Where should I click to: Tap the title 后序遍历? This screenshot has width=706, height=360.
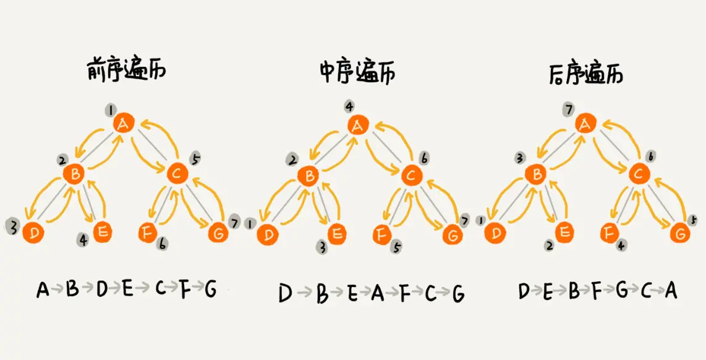point(585,74)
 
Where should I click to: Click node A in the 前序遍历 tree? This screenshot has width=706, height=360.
point(124,124)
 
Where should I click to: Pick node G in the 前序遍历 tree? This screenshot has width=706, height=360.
point(218,234)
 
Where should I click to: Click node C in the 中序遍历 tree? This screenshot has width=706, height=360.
point(410,176)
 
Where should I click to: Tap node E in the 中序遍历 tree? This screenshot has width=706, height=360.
point(336,234)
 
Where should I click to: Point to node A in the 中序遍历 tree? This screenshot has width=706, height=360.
point(357,126)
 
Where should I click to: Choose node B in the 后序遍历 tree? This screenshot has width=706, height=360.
point(535,175)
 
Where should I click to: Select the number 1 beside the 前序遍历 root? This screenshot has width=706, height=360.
point(110,110)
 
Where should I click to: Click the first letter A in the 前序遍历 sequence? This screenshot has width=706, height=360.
point(42,289)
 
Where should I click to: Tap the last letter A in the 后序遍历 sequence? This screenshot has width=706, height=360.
point(671,291)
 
